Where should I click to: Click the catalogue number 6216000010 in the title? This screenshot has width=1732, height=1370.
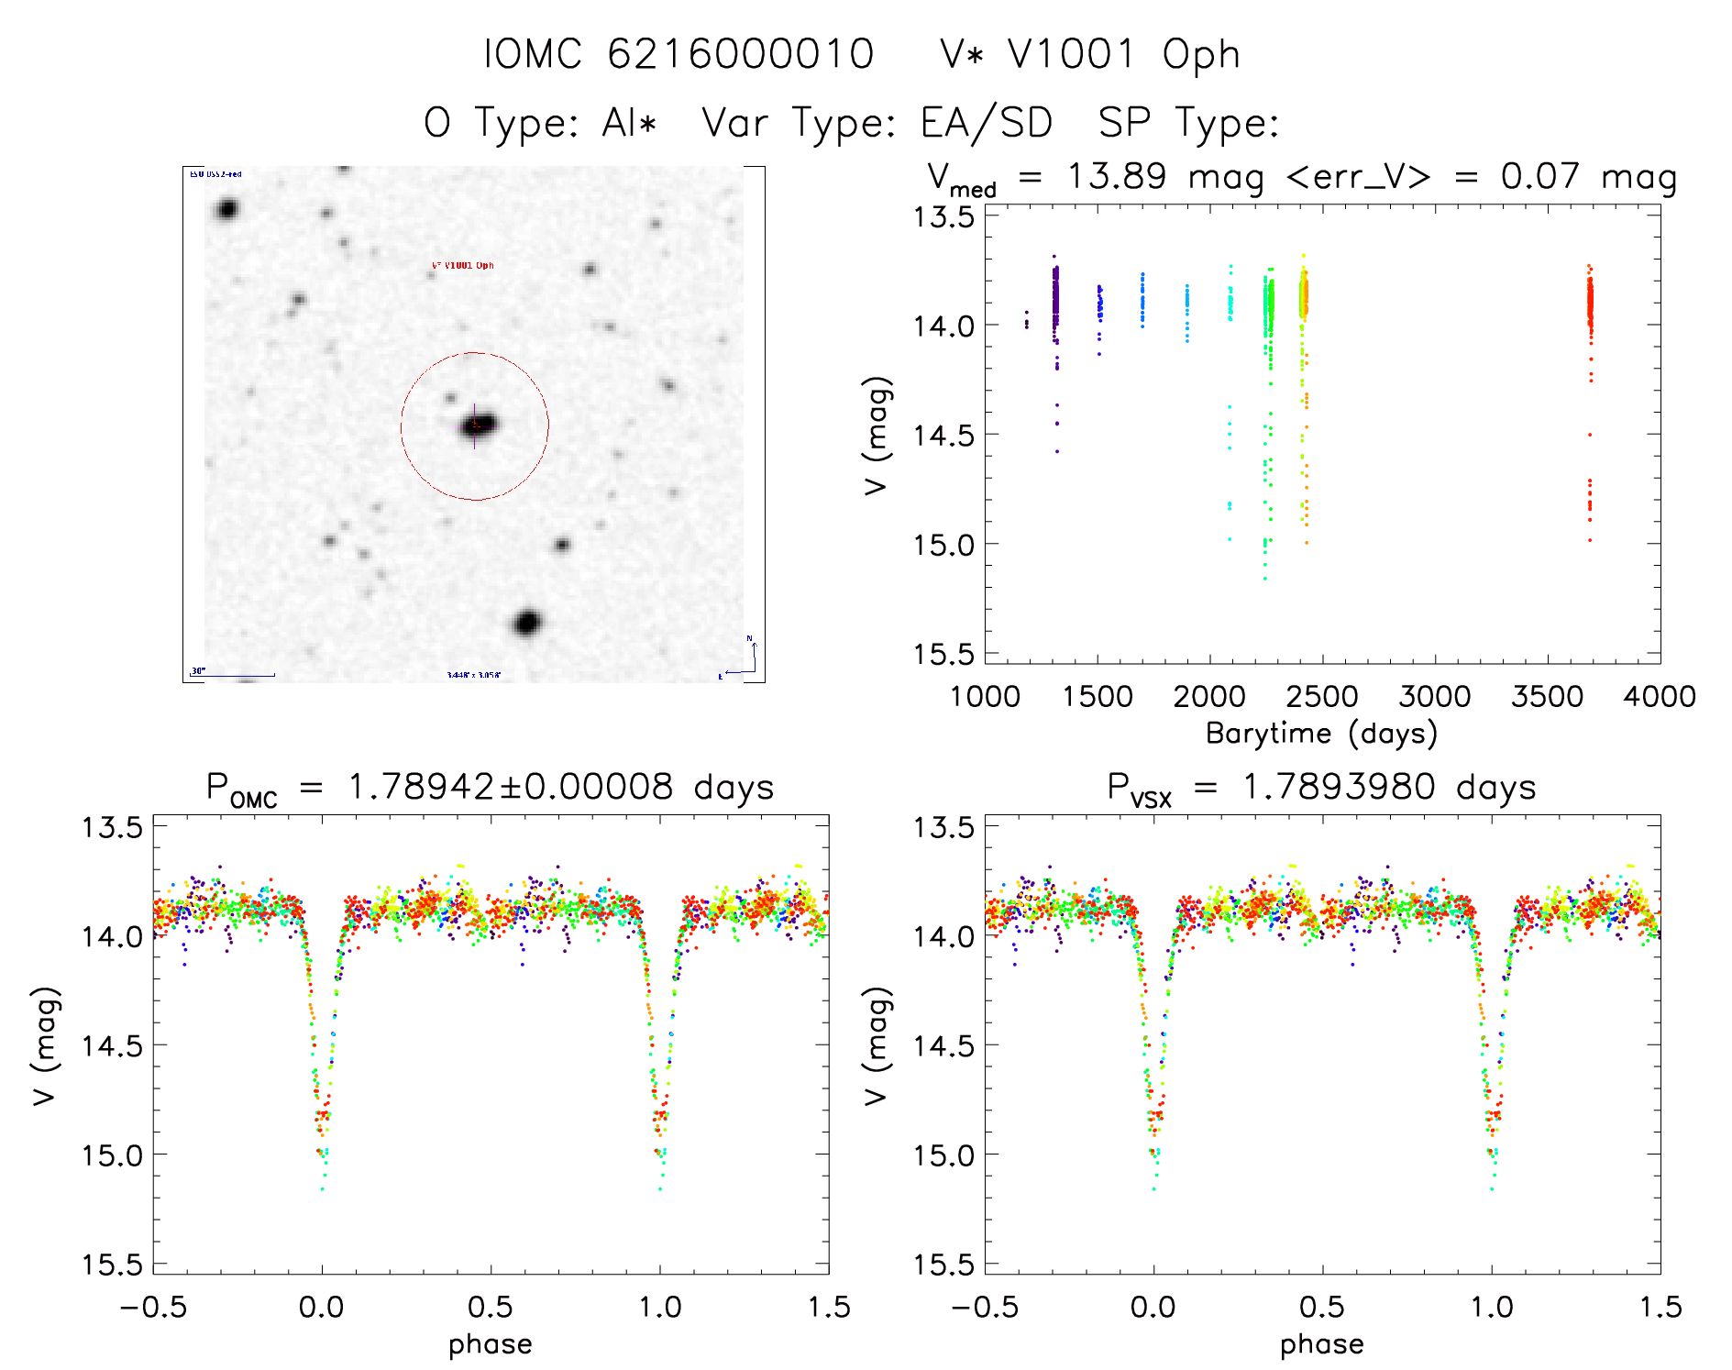tap(740, 54)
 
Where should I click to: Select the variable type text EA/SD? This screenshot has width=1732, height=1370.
tap(986, 123)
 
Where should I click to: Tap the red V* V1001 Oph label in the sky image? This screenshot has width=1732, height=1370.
tap(462, 266)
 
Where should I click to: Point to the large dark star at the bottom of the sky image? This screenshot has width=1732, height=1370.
tap(526, 624)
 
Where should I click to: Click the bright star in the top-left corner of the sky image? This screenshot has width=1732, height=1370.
tap(226, 209)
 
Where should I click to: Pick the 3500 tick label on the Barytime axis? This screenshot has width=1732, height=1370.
tap(1547, 697)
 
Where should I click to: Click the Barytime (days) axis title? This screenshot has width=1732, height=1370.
tap(1321, 734)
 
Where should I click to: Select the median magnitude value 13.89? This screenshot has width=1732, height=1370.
tap(1116, 176)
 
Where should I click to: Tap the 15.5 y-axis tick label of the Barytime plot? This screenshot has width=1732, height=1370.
tap(943, 654)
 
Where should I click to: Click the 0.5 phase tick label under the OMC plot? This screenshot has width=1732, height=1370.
tap(491, 1308)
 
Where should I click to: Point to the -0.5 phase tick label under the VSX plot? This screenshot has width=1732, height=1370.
tap(984, 1308)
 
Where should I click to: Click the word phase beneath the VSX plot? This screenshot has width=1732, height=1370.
tap(1321, 1344)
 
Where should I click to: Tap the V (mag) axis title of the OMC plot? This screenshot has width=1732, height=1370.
tap(45, 1045)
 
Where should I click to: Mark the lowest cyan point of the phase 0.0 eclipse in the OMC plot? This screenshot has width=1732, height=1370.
tap(322, 1189)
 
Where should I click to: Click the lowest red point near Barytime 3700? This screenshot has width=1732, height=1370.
tap(1590, 540)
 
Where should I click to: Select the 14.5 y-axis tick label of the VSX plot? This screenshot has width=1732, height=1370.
tap(943, 1045)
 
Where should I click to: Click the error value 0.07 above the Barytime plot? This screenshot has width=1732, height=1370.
tap(1539, 176)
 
